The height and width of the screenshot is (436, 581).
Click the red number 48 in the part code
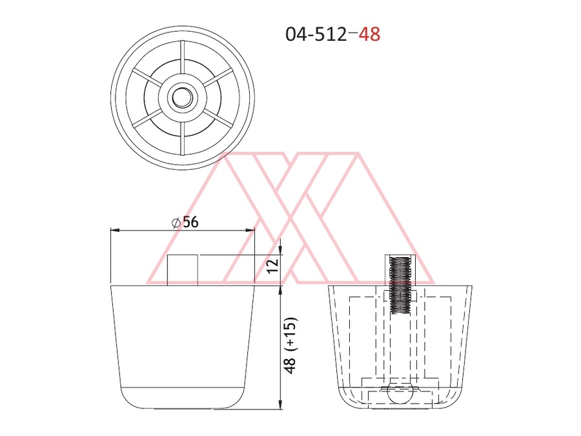[x=369, y=34]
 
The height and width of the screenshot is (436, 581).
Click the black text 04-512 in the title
[x=316, y=34]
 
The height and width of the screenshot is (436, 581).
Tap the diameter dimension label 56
[x=190, y=222]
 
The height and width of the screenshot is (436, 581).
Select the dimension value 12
[x=272, y=265]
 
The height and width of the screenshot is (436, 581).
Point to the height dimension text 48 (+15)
[x=291, y=346]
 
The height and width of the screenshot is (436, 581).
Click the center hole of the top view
[x=183, y=98]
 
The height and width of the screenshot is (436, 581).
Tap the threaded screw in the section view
[x=400, y=285]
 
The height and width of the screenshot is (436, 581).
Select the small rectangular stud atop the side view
[x=182, y=270]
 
